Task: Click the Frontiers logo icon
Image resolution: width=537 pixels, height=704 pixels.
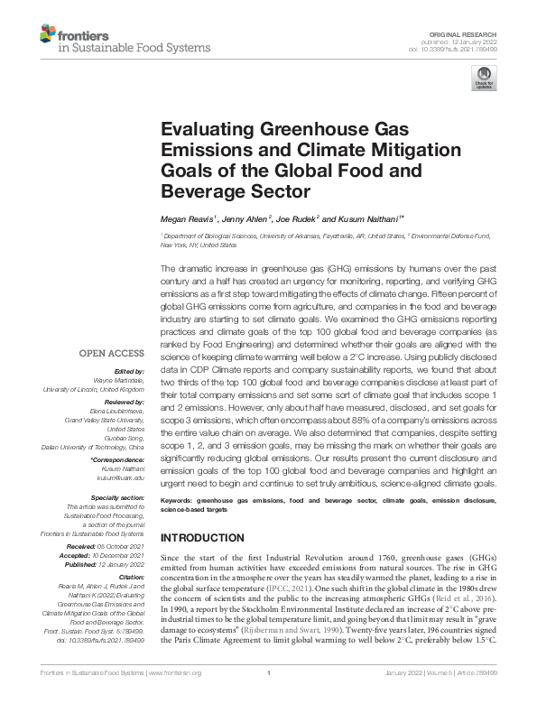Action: coord(48,35)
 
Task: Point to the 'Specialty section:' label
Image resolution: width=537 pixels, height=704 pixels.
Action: coord(118,496)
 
